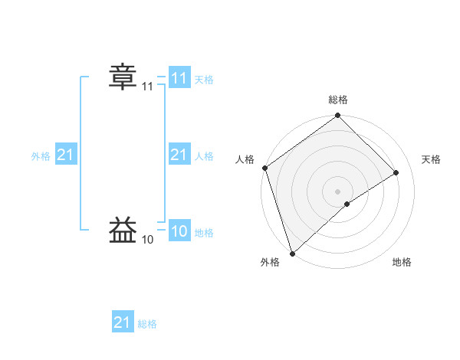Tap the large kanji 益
coord(123,229)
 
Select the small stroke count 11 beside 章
coord(148,88)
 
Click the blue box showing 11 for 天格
coord(179,78)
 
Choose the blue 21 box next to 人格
coord(179,155)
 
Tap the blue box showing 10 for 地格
coord(179,232)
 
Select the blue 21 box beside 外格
coord(66,155)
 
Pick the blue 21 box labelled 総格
coord(123,322)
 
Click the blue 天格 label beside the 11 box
coord(204,80)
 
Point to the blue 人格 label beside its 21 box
coord(204,156)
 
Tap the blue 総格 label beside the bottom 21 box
coord(147,324)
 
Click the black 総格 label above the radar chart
coord(337,100)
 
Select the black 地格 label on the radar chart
coord(402,263)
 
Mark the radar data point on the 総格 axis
coord(337,116)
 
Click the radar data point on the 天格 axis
coord(396,172)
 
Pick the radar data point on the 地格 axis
coord(347,204)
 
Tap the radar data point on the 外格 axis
coord(292,253)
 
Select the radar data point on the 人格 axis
coord(264,168)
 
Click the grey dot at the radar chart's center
coord(337,191)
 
